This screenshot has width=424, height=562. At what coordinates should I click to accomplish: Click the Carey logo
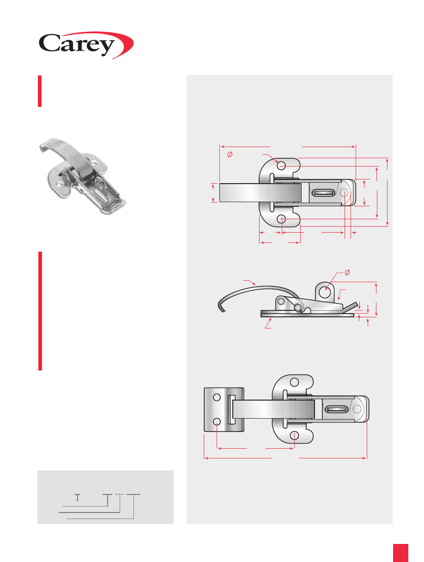coord(86,45)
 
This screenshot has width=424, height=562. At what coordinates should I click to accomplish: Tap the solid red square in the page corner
coord(400,553)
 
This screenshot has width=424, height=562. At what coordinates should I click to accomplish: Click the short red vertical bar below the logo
coord(40,91)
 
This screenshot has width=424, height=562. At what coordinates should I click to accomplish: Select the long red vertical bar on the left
coord(40,311)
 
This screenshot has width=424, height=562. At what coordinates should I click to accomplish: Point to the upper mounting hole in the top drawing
coord(281,166)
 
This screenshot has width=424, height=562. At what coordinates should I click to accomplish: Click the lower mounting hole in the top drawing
coord(281,219)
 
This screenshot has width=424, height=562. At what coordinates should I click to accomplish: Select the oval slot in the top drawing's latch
coord(323,192)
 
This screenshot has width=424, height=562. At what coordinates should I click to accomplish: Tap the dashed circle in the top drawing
coord(345,192)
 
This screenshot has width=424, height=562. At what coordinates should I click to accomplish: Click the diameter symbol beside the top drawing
coord(230,154)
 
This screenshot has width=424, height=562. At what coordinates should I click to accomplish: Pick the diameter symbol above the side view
coord(347,272)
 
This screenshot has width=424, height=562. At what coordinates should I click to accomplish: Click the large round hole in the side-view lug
coord(325,292)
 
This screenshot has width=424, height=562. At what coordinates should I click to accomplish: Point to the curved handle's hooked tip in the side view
coord(222,309)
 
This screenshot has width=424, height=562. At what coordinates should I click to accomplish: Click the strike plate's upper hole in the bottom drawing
coord(217,397)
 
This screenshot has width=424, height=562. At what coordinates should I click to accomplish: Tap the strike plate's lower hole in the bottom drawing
coord(217,421)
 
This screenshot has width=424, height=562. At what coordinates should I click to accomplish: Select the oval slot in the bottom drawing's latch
coord(336,409)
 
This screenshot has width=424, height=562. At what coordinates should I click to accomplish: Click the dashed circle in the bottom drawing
coord(357,409)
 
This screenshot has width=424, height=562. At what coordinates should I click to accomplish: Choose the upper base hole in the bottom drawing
coord(294,382)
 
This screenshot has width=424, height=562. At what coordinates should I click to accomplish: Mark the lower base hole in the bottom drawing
coord(294,435)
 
